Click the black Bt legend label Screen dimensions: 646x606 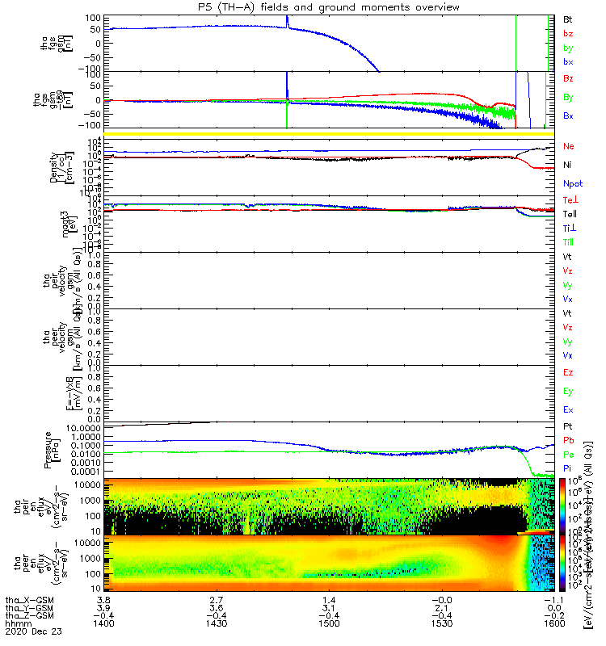pyautogui.click(x=570, y=18)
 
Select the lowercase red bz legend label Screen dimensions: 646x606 pyautogui.click(x=570, y=33)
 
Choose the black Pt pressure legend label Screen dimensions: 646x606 pyautogui.click(x=569, y=426)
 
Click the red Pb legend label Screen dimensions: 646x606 pyautogui.click(x=569, y=440)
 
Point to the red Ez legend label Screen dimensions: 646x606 pyautogui.click(x=569, y=373)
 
